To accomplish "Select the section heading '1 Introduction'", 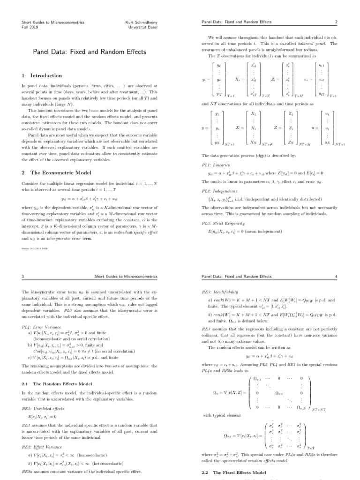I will tap(42, 75).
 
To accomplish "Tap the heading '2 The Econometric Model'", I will tap(53, 172).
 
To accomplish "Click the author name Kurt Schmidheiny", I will tap(141, 22).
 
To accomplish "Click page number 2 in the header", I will tap(337, 22).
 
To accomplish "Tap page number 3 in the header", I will tap(23, 277).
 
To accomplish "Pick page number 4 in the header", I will tap(337, 277).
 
